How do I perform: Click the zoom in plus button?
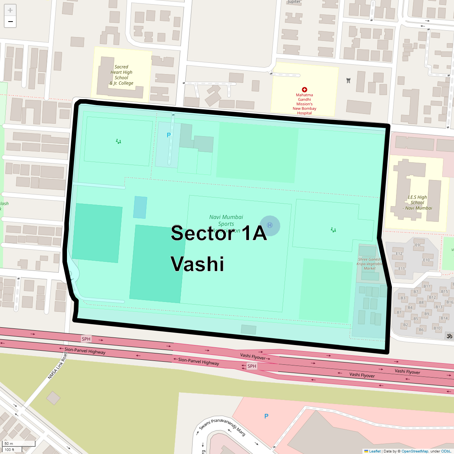[10, 10]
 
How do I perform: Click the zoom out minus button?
[10, 22]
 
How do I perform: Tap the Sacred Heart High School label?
[121, 75]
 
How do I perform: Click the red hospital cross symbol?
[305, 90]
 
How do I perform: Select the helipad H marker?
[270, 225]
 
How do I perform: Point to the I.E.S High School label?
[417, 202]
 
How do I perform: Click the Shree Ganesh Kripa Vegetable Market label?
[370, 264]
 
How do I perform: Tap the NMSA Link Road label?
[57, 366]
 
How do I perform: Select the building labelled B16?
[449, 302]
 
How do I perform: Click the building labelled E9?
[417, 245]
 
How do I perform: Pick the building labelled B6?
[421, 330]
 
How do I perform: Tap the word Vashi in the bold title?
[197, 264]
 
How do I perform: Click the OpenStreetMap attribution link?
[415, 451]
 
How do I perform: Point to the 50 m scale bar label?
[9, 443]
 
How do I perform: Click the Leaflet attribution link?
[375, 451]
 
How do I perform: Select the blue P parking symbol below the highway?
[266, 416]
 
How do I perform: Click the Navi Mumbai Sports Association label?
[226, 223]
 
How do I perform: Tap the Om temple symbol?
[450, 336]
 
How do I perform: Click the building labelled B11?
[427, 286]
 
